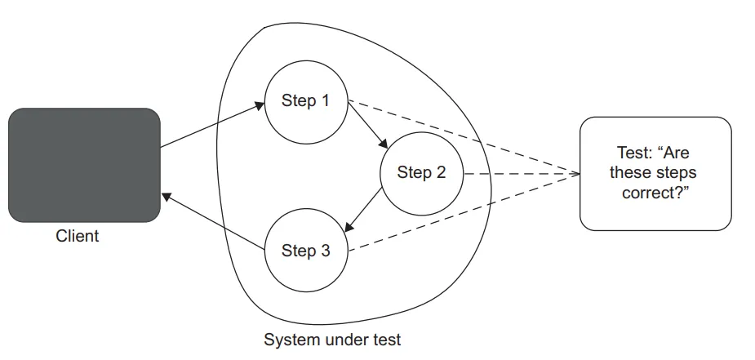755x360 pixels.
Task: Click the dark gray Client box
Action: [x=84, y=165]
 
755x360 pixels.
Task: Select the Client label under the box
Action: [x=78, y=237]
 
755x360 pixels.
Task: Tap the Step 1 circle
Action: [x=306, y=101]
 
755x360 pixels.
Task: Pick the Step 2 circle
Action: [x=421, y=173]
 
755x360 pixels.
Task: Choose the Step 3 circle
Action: [x=306, y=251]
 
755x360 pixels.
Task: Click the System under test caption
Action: [x=332, y=339]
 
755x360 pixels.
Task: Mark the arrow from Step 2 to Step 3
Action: [x=364, y=211]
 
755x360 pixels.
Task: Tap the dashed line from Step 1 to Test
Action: [x=465, y=138]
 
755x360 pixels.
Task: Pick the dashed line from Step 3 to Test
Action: [x=465, y=210]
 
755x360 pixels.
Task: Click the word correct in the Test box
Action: [x=650, y=193]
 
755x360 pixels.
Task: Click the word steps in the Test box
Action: [x=675, y=173]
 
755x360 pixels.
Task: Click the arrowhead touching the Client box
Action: [x=166, y=196]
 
